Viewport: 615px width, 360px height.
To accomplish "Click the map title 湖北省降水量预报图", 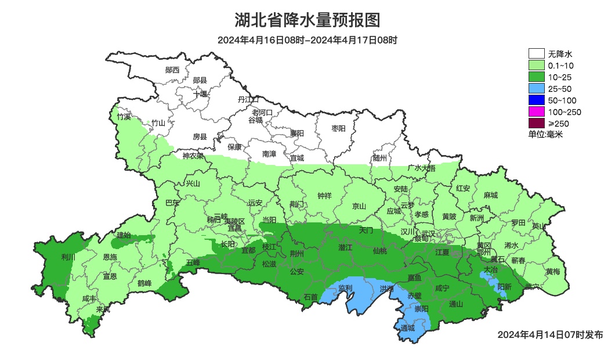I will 307,21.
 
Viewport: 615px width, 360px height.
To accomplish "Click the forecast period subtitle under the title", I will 307,40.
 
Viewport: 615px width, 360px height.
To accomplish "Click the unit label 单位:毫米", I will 545,135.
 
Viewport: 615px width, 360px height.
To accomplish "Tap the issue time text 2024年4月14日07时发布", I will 550,335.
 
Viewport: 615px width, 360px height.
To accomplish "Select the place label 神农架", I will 193,156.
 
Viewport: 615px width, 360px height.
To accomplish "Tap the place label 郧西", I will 172,70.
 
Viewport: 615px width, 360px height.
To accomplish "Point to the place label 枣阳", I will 338,128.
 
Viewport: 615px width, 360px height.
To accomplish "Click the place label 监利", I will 345,288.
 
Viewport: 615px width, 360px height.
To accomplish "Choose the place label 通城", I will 408,328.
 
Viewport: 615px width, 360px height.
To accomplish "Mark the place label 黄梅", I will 553,272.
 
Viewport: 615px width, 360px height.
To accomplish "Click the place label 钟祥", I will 324,196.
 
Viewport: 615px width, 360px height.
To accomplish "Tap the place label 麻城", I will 491,196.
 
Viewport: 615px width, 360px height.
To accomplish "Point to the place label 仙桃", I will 380,251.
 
